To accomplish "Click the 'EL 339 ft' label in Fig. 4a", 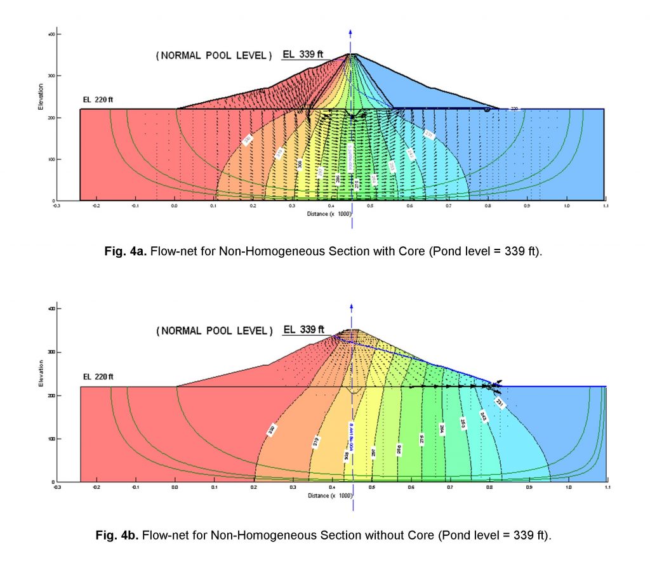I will (303, 55).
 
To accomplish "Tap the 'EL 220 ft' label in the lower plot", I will (98, 377).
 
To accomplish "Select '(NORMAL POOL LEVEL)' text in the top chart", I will (213, 56).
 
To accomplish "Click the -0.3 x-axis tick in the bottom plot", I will (57, 488).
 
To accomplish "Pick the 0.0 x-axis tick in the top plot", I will (175, 206).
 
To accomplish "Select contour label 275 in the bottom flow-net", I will (421, 439).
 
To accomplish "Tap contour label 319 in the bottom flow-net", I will (316, 442).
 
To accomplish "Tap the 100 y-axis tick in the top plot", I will (53, 159).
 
